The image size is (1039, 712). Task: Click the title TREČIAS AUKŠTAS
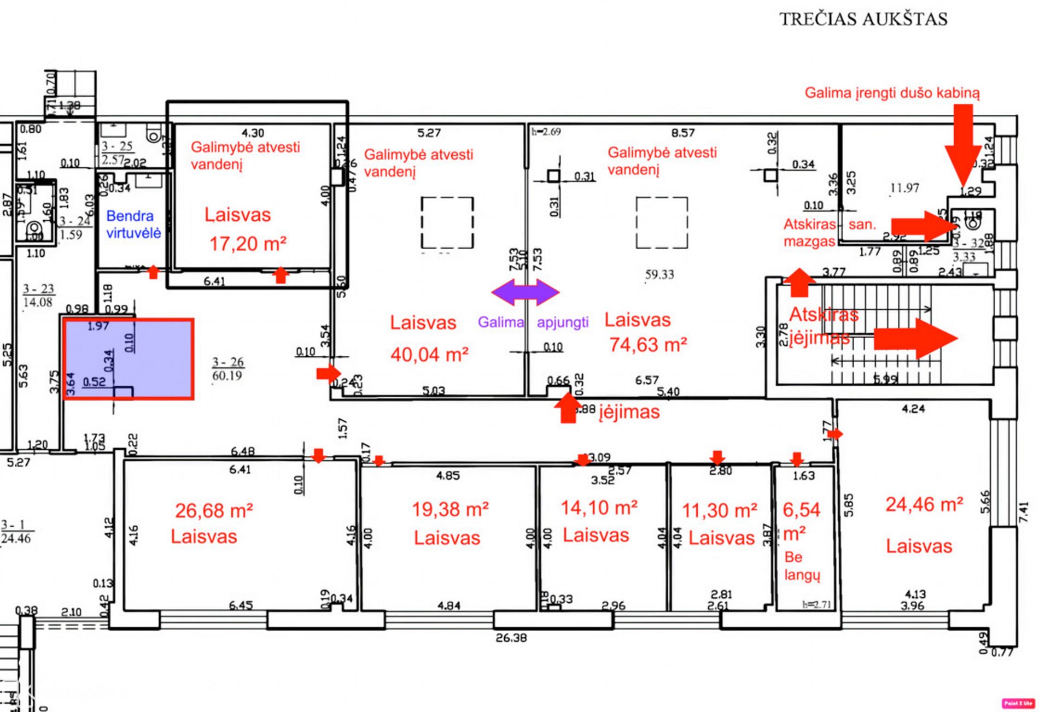pos(863,19)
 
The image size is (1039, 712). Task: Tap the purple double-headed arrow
pos(525,292)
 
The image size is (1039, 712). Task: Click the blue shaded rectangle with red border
pos(129,359)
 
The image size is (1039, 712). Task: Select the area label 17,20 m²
pos(248,244)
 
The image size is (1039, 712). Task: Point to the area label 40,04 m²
pos(429,355)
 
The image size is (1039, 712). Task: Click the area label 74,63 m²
pos(648,345)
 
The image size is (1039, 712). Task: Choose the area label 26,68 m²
pos(214,511)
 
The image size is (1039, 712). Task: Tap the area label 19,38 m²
pos(450,509)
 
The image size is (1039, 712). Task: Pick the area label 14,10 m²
pos(599,508)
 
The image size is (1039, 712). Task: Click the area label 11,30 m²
pos(720,510)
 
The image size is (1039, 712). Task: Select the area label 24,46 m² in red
pos(924,504)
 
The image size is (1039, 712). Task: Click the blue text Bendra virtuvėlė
pos(133,225)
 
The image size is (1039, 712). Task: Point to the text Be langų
pos(802,566)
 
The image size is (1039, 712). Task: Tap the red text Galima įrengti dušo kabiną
pos(892,93)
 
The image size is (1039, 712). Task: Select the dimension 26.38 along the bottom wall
pos(511,637)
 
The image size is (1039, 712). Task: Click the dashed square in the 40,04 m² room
pos(447,223)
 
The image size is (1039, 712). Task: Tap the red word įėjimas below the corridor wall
pos(629,411)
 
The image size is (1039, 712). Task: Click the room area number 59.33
pos(659,274)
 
